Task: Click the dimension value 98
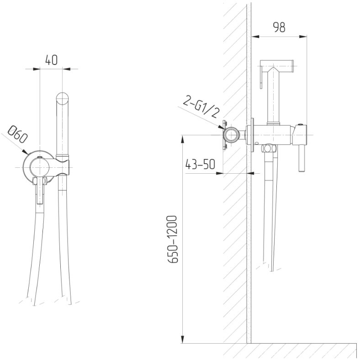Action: tap(279, 27)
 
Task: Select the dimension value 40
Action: tap(51, 60)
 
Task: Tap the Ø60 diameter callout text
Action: tap(18, 134)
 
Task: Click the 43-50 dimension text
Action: tap(200, 164)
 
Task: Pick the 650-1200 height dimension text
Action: tap(172, 239)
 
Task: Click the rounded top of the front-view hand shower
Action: tap(63, 98)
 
